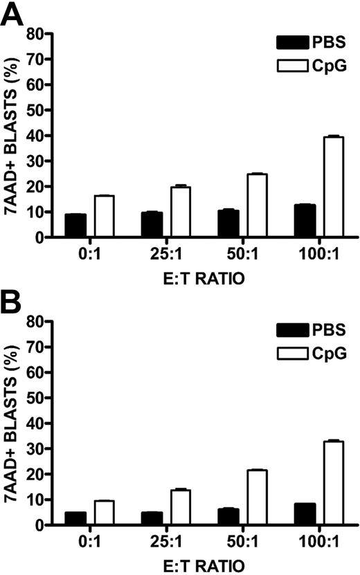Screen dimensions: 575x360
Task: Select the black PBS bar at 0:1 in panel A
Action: click(75, 226)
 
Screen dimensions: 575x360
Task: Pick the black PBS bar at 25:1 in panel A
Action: click(152, 225)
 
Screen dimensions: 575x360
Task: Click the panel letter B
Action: click(12, 302)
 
